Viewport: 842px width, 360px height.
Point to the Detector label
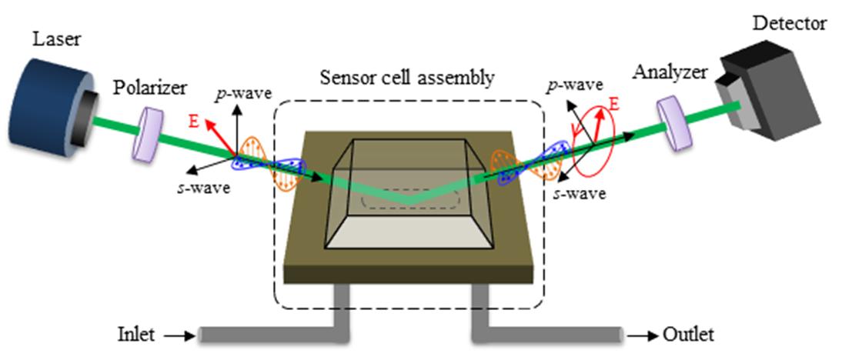789,23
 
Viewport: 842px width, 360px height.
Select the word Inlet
136,335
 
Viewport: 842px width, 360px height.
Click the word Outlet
690,335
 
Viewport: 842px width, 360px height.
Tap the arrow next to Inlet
176,335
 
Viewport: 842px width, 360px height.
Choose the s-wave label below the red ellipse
580,193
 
